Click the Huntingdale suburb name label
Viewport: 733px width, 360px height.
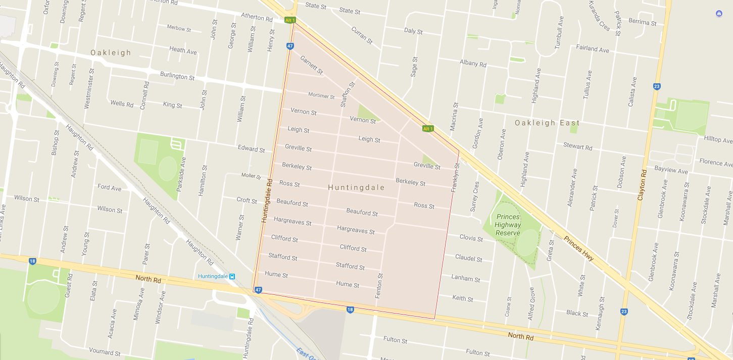[x=356, y=187]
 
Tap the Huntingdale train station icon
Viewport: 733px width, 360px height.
[x=232, y=276]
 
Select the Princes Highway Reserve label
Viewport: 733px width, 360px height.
[x=508, y=225]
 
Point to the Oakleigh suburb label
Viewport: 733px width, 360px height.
[x=111, y=53]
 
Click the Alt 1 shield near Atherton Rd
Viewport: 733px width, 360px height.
[x=290, y=20]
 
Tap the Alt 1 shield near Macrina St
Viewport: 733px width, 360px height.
[x=428, y=129]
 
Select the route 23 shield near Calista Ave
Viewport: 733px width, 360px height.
[x=657, y=86]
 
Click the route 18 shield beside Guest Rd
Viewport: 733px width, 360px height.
[x=32, y=261]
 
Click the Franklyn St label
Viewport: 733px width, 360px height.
[x=456, y=177]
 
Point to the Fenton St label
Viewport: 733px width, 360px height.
[x=379, y=285]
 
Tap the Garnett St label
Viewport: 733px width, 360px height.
[x=311, y=65]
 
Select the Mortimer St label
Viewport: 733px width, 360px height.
[x=321, y=95]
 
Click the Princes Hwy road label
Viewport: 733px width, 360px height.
[x=578, y=248]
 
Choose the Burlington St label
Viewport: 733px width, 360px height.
[x=177, y=76]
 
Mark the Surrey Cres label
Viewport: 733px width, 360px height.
[x=474, y=196]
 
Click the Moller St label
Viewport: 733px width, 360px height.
[x=251, y=176]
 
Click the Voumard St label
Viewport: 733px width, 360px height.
[x=105, y=351]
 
